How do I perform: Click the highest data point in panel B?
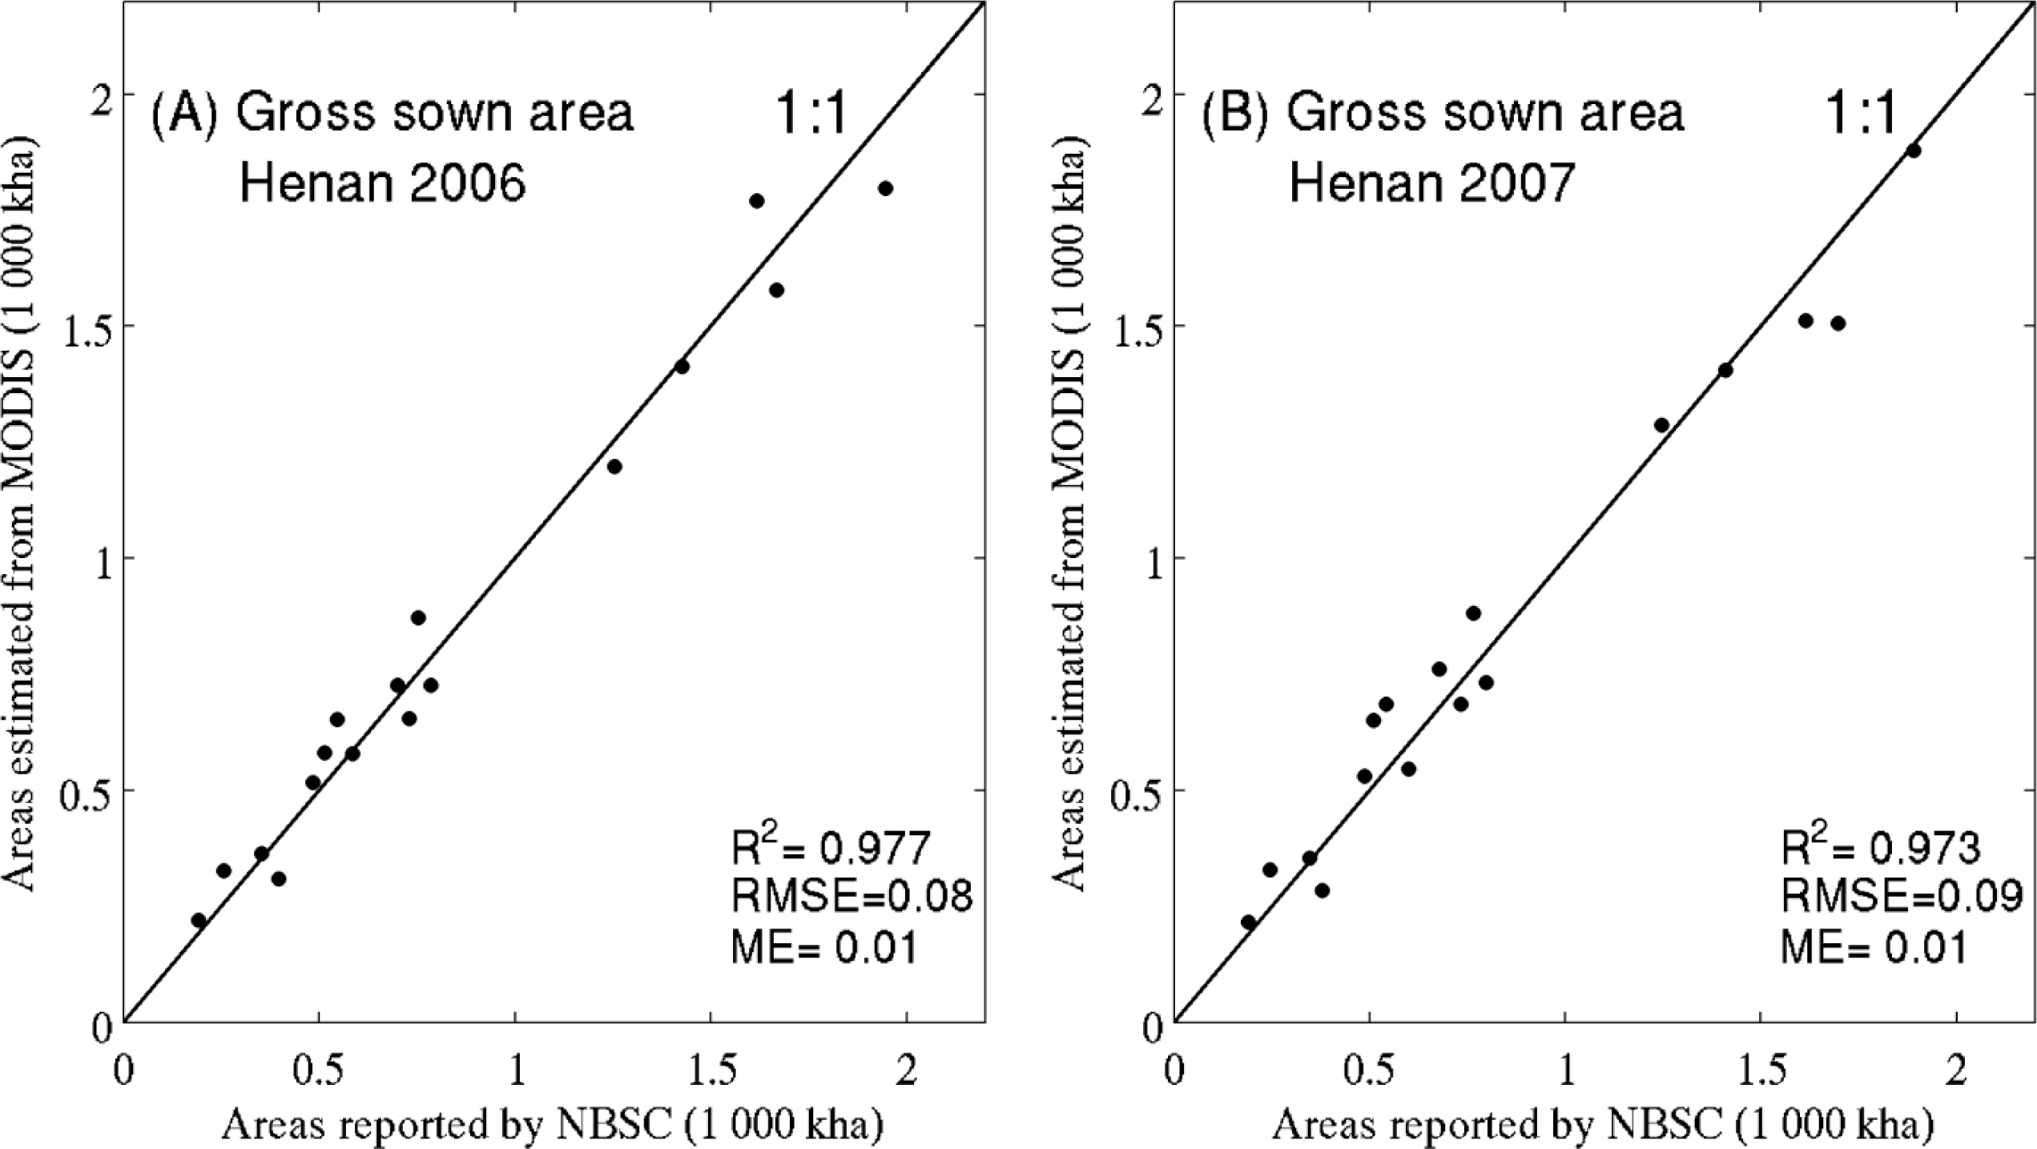(x=1914, y=151)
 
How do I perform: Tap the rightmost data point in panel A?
(x=885, y=188)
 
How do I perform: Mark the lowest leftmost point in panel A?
(x=199, y=920)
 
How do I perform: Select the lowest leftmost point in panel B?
(x=1248, y=922)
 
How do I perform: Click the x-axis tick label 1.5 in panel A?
(x=710, y=1073)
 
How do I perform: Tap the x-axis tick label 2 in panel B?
(x=1957, y=1073)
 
